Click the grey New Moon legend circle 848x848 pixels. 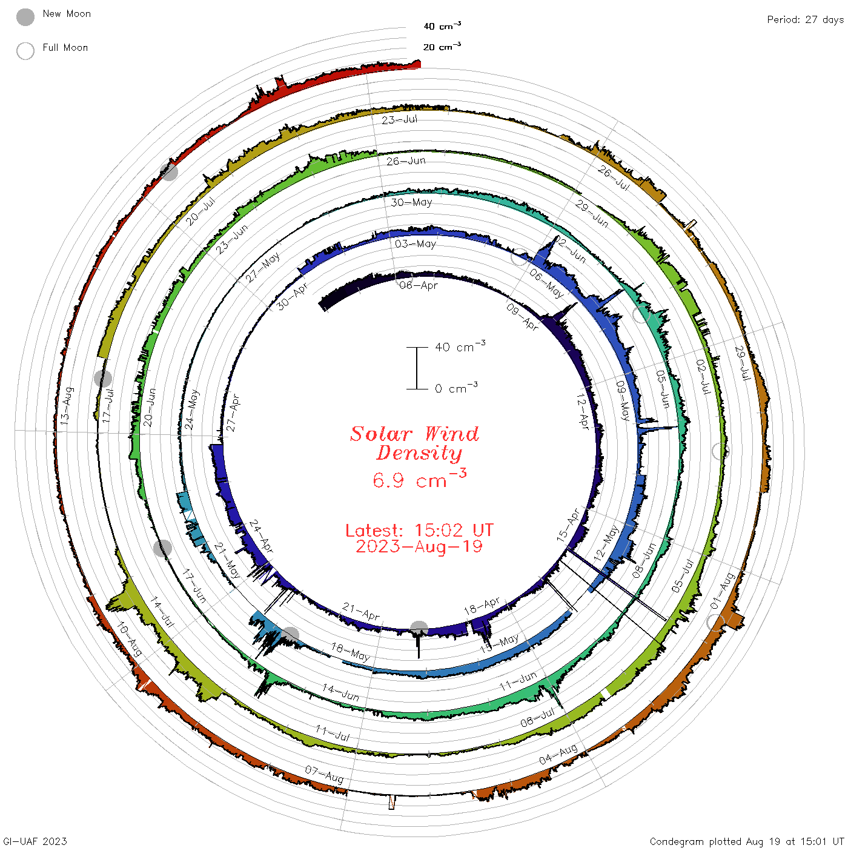point(25,17)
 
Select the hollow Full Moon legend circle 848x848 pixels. point(25,51)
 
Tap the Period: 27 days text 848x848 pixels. point(805,20)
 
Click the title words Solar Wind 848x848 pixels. point(414,434)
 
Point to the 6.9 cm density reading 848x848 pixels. point(419,479)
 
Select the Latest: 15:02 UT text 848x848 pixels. point(419,530)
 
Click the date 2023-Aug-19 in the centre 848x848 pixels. point(419,547)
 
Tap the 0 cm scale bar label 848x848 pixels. point(456,388)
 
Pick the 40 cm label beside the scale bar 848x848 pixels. point(460,346)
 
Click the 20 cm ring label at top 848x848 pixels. point(442,46)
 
